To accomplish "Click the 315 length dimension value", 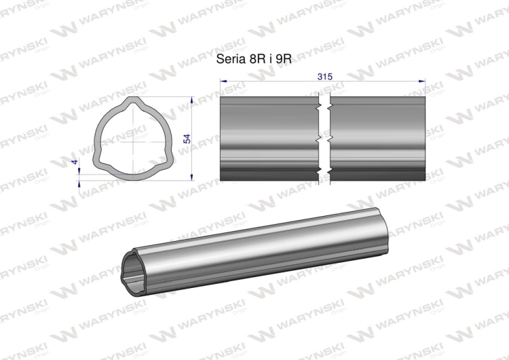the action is click(325, 77).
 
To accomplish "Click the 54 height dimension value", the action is click(187, 139).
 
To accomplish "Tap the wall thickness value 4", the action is click(75, 162).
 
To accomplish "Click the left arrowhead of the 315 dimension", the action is click(223, 81).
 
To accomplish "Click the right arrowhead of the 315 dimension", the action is click(422, 81).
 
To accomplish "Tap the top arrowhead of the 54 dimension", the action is click(192, 99).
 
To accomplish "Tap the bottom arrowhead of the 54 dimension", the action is click(192, 177).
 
